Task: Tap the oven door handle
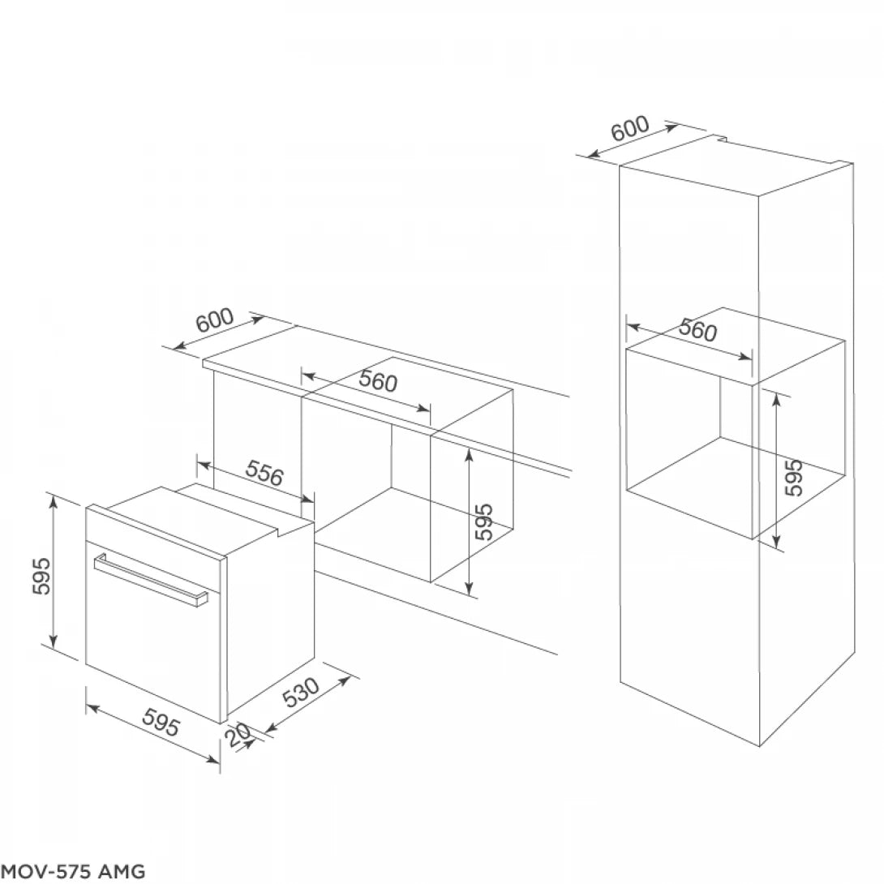tap(151, 578)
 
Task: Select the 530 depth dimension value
tap(303, 694)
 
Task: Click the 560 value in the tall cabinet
tap(697, 330)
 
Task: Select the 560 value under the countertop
tap(378, 380)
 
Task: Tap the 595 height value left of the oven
tap(41, 575)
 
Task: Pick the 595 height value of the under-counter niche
tap(483, 523)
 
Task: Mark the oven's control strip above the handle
tap(154, 534)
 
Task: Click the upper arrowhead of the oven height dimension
tap(54, 501)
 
